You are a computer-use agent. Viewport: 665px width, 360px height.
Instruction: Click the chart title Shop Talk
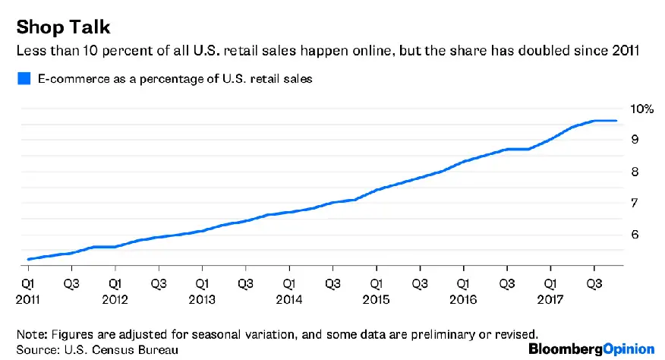point(64,27)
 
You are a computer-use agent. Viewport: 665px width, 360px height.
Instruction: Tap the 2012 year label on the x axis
point(114,298)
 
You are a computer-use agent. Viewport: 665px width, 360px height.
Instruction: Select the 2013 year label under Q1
point(201,298)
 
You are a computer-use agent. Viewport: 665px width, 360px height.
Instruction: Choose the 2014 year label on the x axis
point(288,298)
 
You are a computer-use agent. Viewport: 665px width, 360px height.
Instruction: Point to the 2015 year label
point(375,298)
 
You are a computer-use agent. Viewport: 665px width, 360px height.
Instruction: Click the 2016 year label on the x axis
point(462,298)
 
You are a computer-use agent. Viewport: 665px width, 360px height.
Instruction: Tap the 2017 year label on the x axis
point(550,298)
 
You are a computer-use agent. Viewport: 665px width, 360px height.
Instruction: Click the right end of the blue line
point(616,121)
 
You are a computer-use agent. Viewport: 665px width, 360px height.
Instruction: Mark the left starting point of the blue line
point(28,259)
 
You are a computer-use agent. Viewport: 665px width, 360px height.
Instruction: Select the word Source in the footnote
point(36,349)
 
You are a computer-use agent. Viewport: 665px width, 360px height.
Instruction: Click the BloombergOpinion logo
point(591,349)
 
